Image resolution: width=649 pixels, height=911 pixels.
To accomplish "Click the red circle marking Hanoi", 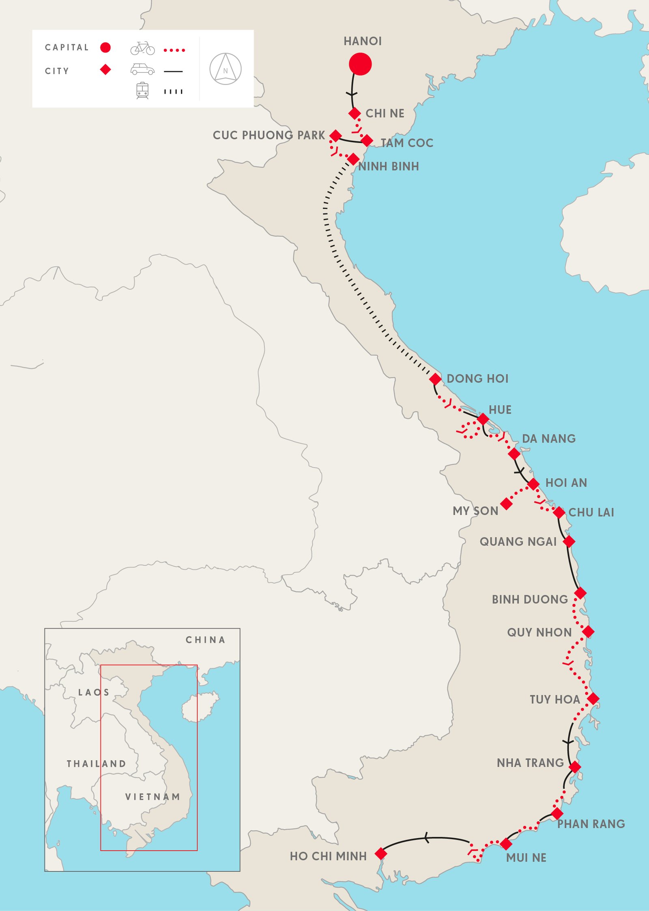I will click(360, 64).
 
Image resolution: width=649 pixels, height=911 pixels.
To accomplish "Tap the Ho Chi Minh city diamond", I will click(381, 853).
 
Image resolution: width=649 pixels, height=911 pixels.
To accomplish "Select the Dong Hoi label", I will click(477, 379).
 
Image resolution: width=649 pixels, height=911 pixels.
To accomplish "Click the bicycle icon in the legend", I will click(142, 48).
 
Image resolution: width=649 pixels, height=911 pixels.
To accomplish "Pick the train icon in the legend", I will click(142, 90).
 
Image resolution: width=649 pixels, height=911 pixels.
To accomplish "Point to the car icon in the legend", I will click(142, 69).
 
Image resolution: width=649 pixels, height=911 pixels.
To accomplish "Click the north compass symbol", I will click(226, 69).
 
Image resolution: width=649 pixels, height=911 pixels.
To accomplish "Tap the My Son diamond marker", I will click(506, 504).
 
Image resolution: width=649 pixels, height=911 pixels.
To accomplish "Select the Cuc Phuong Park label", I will click(269, 135).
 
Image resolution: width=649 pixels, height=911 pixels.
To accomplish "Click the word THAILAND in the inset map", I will click(97, 764).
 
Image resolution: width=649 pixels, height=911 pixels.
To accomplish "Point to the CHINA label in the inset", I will click(205, 640).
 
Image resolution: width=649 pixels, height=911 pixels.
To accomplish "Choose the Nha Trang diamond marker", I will click(575, 767).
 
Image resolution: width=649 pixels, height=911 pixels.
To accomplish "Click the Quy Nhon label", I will click(539, 632).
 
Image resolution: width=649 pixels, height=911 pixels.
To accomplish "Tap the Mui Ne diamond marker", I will click(506, 844).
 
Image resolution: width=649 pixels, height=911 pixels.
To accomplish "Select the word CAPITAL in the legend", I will click(67, 47).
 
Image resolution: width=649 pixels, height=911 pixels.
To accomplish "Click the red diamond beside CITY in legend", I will click(105, 70).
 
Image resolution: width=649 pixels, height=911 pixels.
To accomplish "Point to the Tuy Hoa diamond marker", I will click(593, 699).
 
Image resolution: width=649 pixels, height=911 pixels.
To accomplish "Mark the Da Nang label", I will click(548, 438).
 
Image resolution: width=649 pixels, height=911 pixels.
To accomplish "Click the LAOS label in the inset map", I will click(94, 692).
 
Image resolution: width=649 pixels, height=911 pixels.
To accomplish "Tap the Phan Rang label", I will click(591, 824).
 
